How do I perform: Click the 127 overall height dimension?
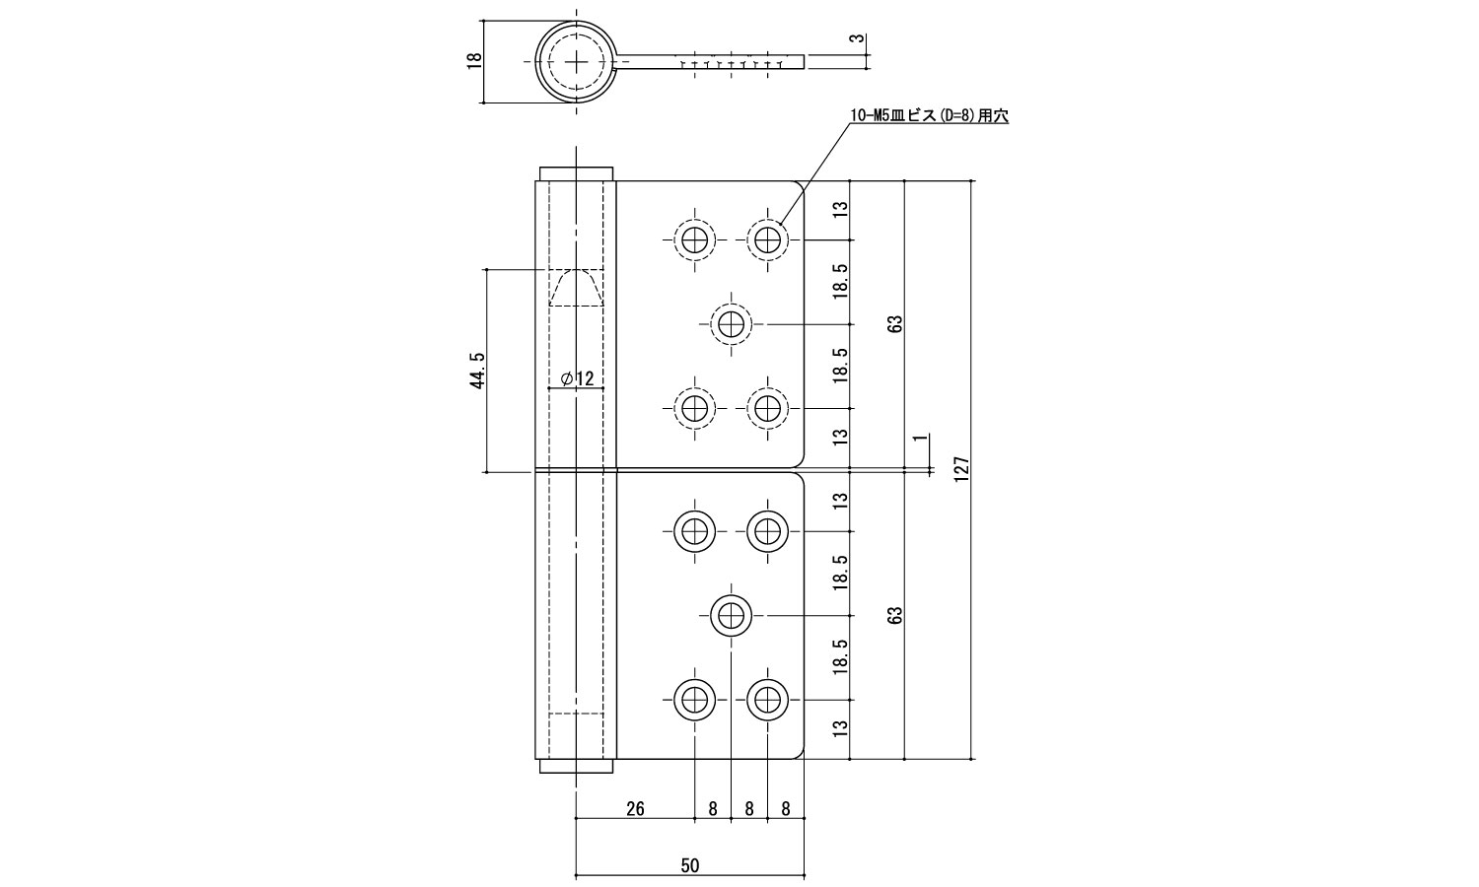coord(962,470)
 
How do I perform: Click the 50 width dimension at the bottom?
coord(690,865)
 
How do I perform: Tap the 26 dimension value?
coord(635,809)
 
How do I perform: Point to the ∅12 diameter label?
coord(577,378)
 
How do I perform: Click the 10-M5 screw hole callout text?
coord(929,115)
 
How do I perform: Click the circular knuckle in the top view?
coord(576,60)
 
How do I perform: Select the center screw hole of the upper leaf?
coord(731,323)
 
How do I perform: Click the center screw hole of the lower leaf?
coord(731,616)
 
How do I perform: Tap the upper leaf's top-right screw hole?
coord(766,239)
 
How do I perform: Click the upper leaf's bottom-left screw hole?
coord(695,407)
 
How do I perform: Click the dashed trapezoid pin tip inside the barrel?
coord(576,288)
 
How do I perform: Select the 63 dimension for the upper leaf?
coord(894,323)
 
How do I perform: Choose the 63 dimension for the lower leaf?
coord(894,616)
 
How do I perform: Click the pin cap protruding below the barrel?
coord(576,768)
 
